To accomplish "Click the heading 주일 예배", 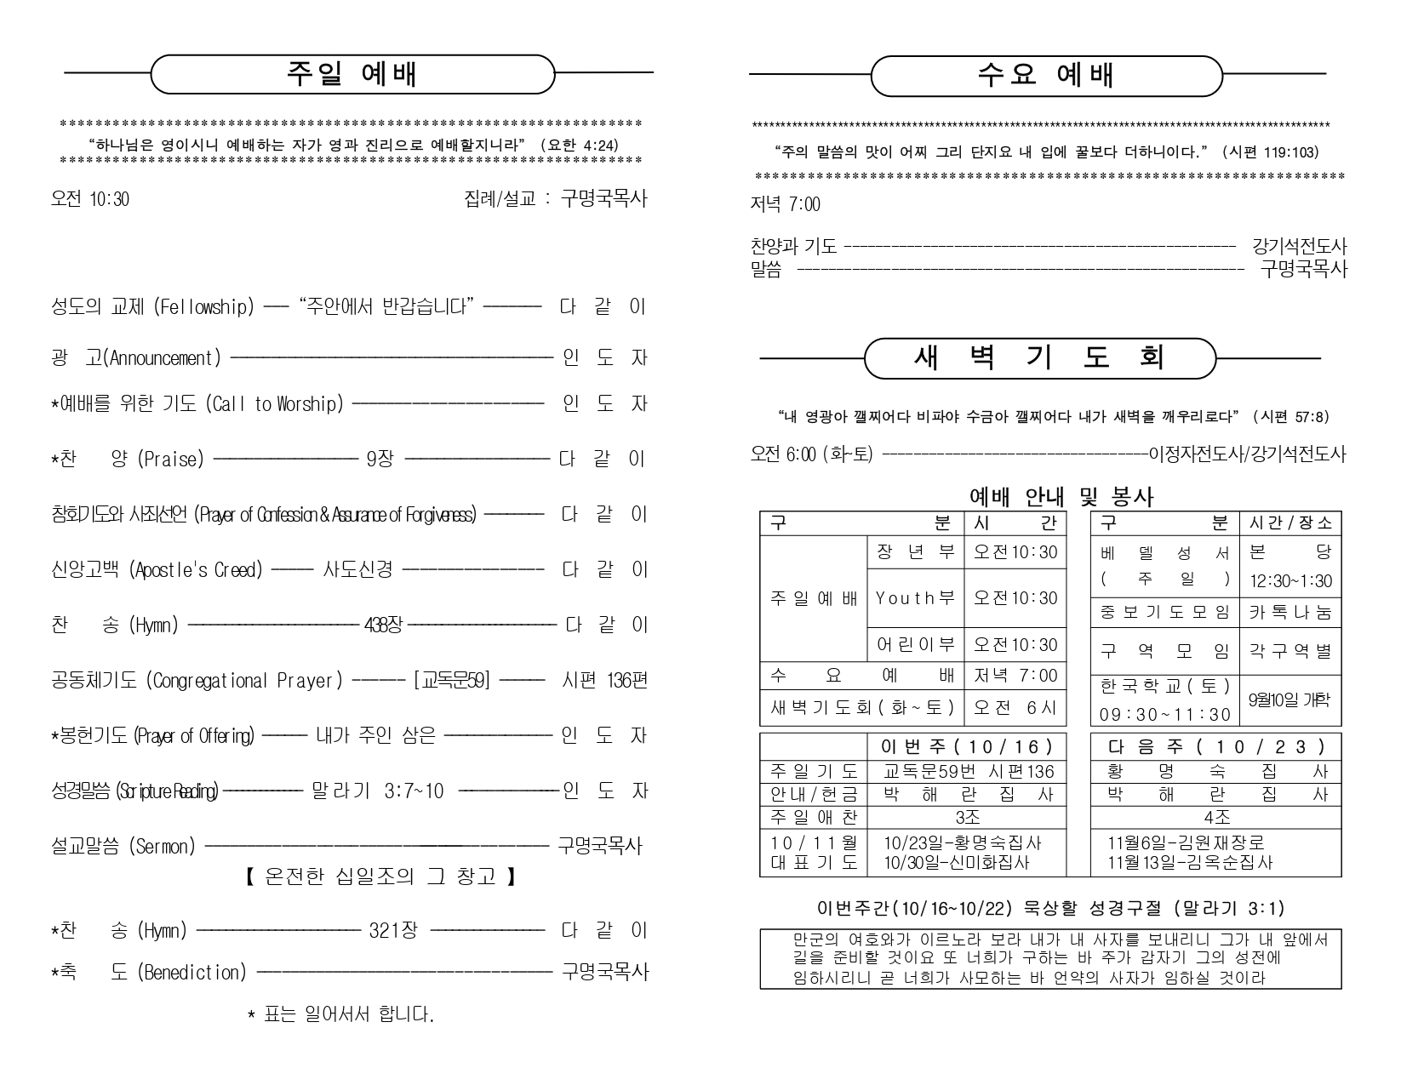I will coord(352,75).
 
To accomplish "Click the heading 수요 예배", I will coord(1046,76).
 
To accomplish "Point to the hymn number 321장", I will coord(393,930).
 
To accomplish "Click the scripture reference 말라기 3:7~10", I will coord(378,791).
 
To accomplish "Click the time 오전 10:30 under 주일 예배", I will coord(90,199).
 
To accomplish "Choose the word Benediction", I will coord(192,972).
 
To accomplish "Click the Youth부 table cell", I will coord(915,598).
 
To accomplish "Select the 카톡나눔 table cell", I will coord(1290,612).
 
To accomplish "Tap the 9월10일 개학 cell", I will coord(1289,700).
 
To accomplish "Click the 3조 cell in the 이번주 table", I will coord(968,818).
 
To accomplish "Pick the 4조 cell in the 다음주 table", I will coord(1217,818).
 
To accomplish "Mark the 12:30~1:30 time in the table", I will coord(1290,582).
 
